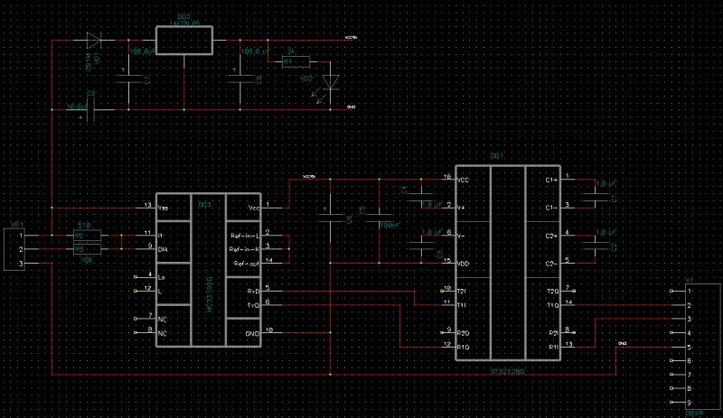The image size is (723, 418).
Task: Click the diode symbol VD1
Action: coord(94,41)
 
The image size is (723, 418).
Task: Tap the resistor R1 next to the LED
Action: coord(295,62)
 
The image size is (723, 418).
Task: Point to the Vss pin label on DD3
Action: coord(164,208)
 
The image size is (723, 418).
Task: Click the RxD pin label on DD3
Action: coord(255,292)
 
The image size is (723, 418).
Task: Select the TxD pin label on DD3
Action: coord(255,304)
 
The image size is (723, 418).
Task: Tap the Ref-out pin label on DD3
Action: coord(247,263)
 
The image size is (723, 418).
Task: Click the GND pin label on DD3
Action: coord(254,333)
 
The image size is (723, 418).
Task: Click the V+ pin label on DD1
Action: coord(464,208)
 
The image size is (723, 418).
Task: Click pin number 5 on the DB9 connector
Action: coord(689,347)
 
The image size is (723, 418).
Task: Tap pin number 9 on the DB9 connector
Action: coord(689,402)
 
